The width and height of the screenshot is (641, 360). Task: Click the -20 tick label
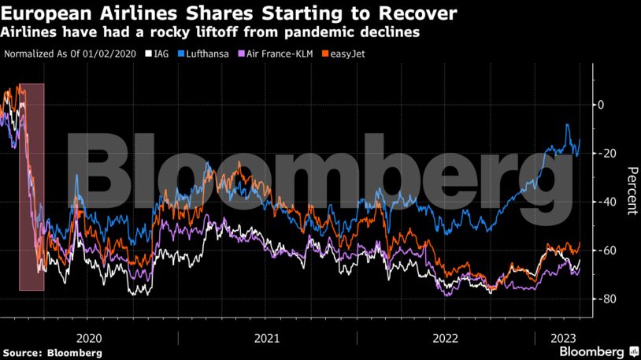(x=607, y=153)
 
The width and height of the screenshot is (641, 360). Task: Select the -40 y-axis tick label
(x=607, y=202)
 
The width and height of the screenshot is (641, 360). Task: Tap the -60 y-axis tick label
(x=607, y=251)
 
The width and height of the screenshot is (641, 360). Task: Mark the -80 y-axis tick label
(x=607, y=299)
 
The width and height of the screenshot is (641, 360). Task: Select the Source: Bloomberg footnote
(x=52, y=353)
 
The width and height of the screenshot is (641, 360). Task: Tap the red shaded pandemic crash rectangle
(x=31, y=187)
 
